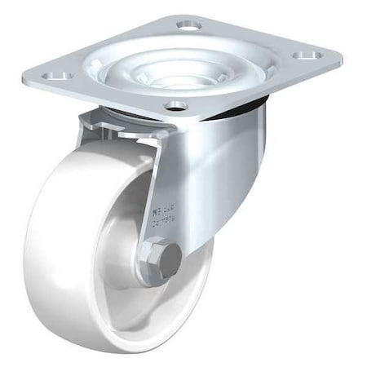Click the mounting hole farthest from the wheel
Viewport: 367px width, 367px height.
tap(188, 26)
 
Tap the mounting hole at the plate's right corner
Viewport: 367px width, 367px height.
tap(308, 57)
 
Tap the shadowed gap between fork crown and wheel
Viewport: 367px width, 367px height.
tap(122, 147)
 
